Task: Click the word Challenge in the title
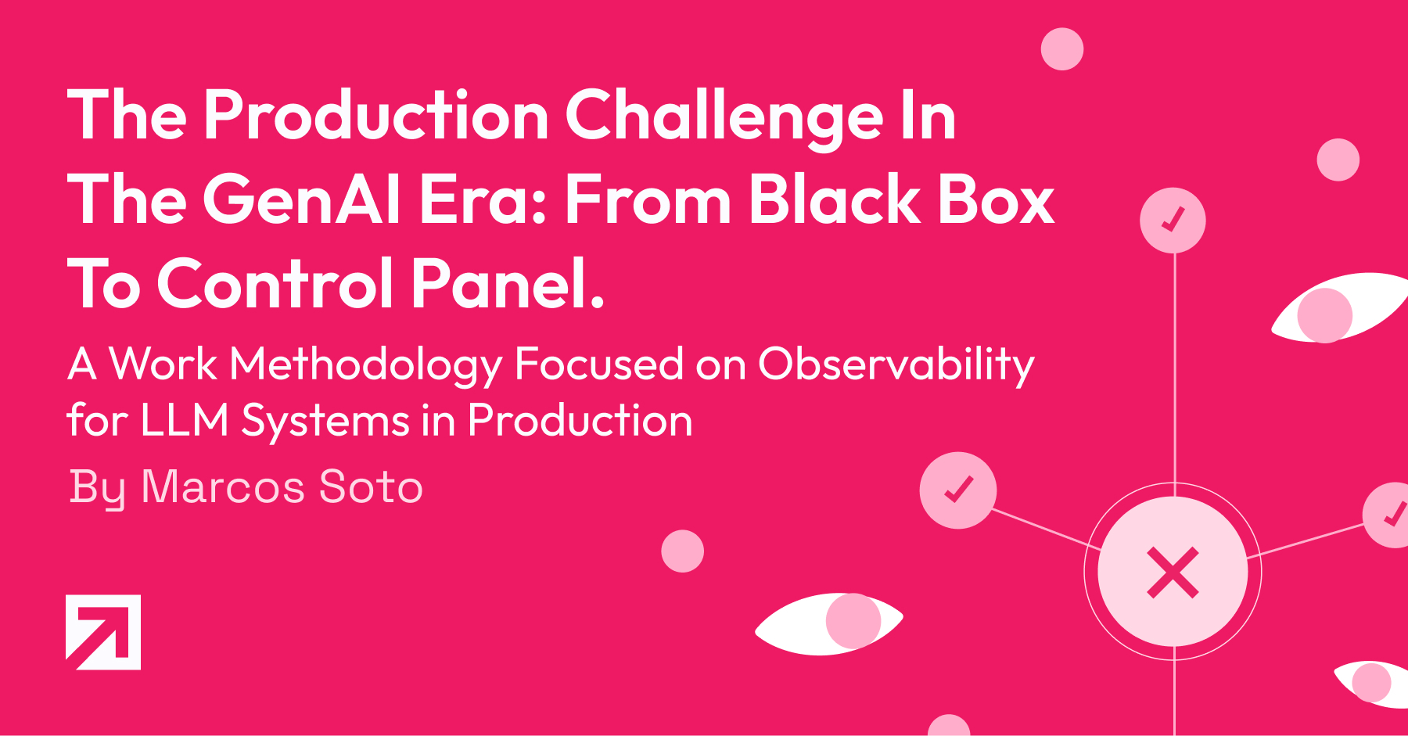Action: (724, 118)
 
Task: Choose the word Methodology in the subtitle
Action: (366, 365)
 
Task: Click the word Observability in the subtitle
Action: (896, 365)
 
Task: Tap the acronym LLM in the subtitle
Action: (185, 420)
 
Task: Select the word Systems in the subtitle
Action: (325, 422)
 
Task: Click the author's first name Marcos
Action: (223, 486)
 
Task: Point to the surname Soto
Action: (372, 486)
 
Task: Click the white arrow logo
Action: (103, 632)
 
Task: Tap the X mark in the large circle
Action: (1173, 573)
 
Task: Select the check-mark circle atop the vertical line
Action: (1173, 221)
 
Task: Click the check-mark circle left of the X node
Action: (958, 490)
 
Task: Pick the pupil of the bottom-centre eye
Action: (853, 621)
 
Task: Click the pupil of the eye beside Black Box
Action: (1325, 315)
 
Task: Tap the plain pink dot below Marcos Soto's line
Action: (682, 551)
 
